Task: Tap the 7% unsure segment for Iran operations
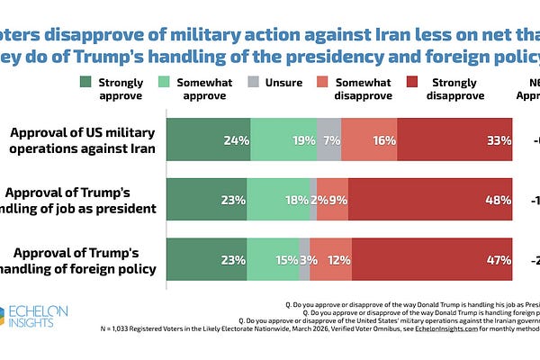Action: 330,140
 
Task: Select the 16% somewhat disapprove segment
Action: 370,140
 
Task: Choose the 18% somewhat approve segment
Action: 278,200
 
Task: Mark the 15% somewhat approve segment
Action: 274,260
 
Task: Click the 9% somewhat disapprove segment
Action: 333,200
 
